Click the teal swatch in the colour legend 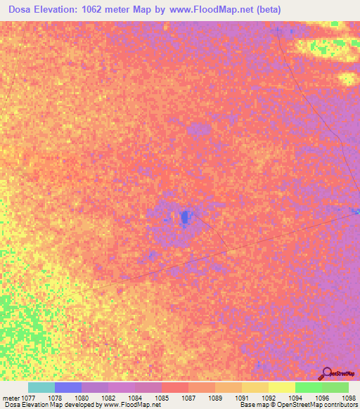[x=41, y=387]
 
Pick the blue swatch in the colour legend [x=68, y=387]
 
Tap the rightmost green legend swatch [x=335, y=387]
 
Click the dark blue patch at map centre [x=185, y=217]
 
